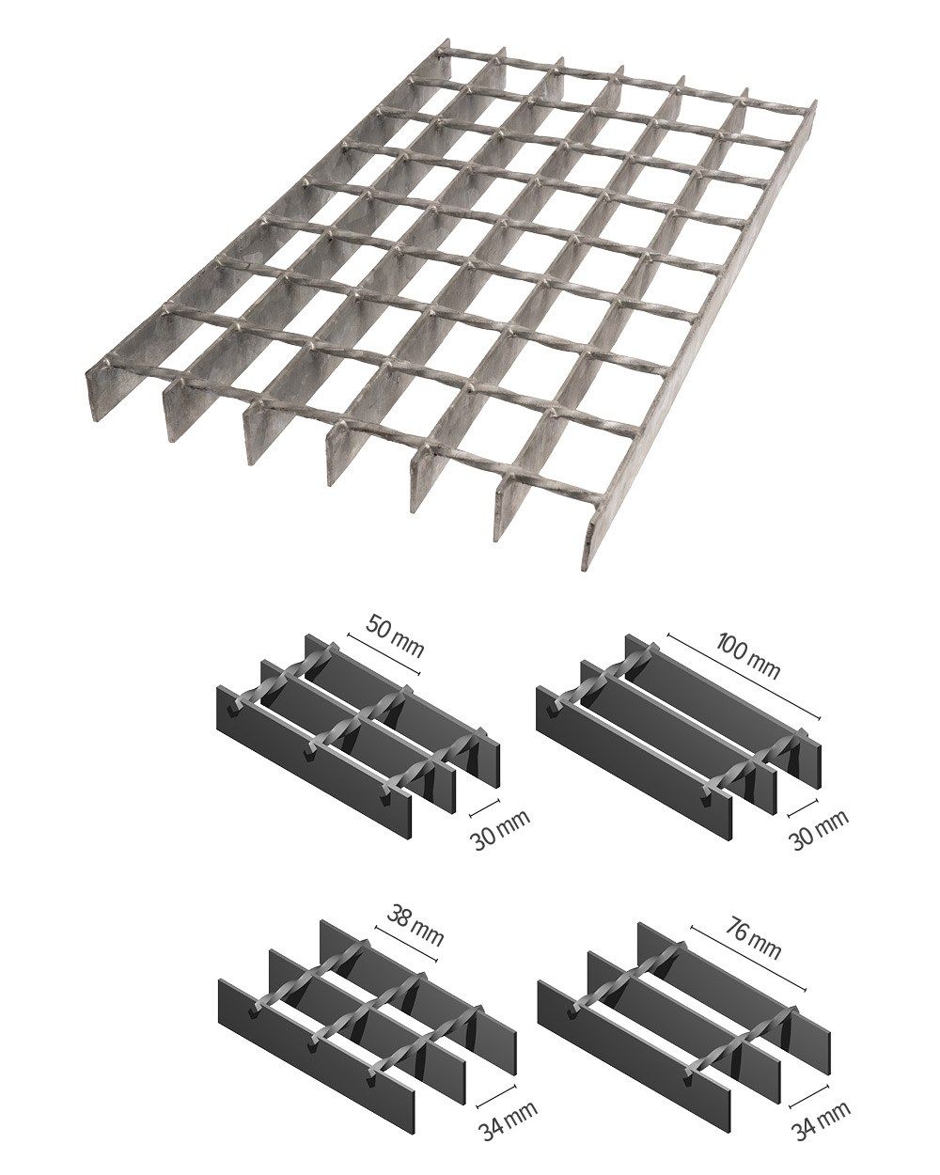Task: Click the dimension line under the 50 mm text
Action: point(384,653)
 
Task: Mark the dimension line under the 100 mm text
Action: point(743,676)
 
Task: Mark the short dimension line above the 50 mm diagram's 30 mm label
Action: point(484,807)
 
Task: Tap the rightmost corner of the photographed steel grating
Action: point(816,102)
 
